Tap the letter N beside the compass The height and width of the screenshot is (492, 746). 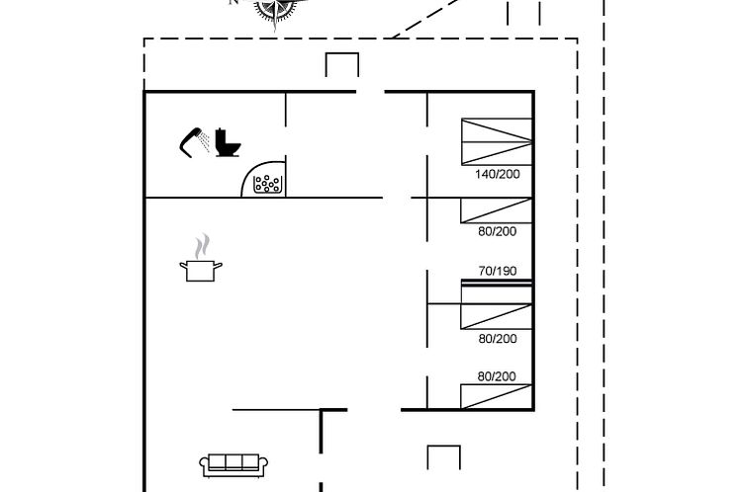click(234, 3)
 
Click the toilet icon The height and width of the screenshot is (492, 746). click(228, 143)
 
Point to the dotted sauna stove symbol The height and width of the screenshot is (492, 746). click(269, 183)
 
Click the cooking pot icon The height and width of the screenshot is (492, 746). click(201, 269)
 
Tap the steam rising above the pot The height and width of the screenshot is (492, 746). click(203, 244)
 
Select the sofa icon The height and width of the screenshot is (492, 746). click(231, 463)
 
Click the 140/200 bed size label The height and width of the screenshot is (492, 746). click(497, 174)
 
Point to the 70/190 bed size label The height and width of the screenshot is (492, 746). click(497, 271)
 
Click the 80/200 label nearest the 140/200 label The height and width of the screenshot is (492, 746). click(497, 231)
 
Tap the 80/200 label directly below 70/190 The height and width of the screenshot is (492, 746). click(497, 338)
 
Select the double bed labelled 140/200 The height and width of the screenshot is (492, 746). click(497, 141)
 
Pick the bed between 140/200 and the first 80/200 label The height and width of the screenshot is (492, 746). click(497, 209)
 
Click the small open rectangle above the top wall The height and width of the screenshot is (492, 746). click(342, 65)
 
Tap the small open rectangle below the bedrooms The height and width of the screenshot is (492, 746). click(443, 456)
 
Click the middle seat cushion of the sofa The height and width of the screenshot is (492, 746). click(231, 461)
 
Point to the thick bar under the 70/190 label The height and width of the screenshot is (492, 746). click(497, 284)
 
